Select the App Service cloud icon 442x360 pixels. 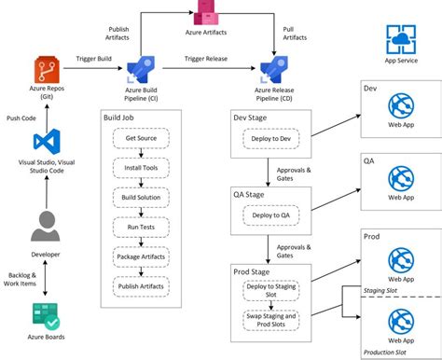pos(401,42)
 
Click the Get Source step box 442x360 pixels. pos(140,139)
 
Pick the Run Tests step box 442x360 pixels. pos(140,227)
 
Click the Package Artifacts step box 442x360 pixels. pos(140,256)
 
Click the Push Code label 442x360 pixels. pos(22,118)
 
